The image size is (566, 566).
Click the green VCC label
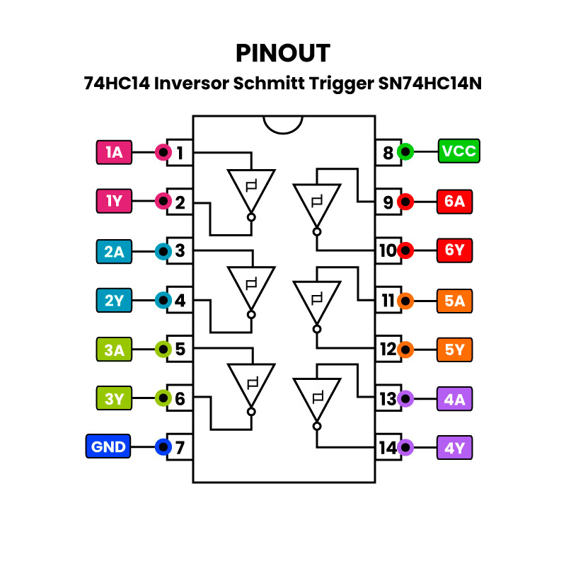(458, 151)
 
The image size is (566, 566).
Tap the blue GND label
(108, 447)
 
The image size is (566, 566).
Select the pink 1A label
(114, 152)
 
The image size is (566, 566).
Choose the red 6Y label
(454, 250)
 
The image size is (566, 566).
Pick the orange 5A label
(454, 301)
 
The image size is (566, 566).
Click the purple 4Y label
(454, 448)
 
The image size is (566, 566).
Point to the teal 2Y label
(114, 301)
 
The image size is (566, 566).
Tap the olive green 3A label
(114, 349)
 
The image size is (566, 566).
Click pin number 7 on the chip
(180, 448)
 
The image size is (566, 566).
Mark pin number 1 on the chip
(180, 152)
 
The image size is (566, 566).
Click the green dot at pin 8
(405, 151)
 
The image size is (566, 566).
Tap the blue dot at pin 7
(163, 447)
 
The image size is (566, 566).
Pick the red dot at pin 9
(405, 202)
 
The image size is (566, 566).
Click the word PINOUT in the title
(283, 53)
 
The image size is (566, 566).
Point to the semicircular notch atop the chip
(283, 124)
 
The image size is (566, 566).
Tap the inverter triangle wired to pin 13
(317, 398)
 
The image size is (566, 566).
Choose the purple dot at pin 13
(405, 399)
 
